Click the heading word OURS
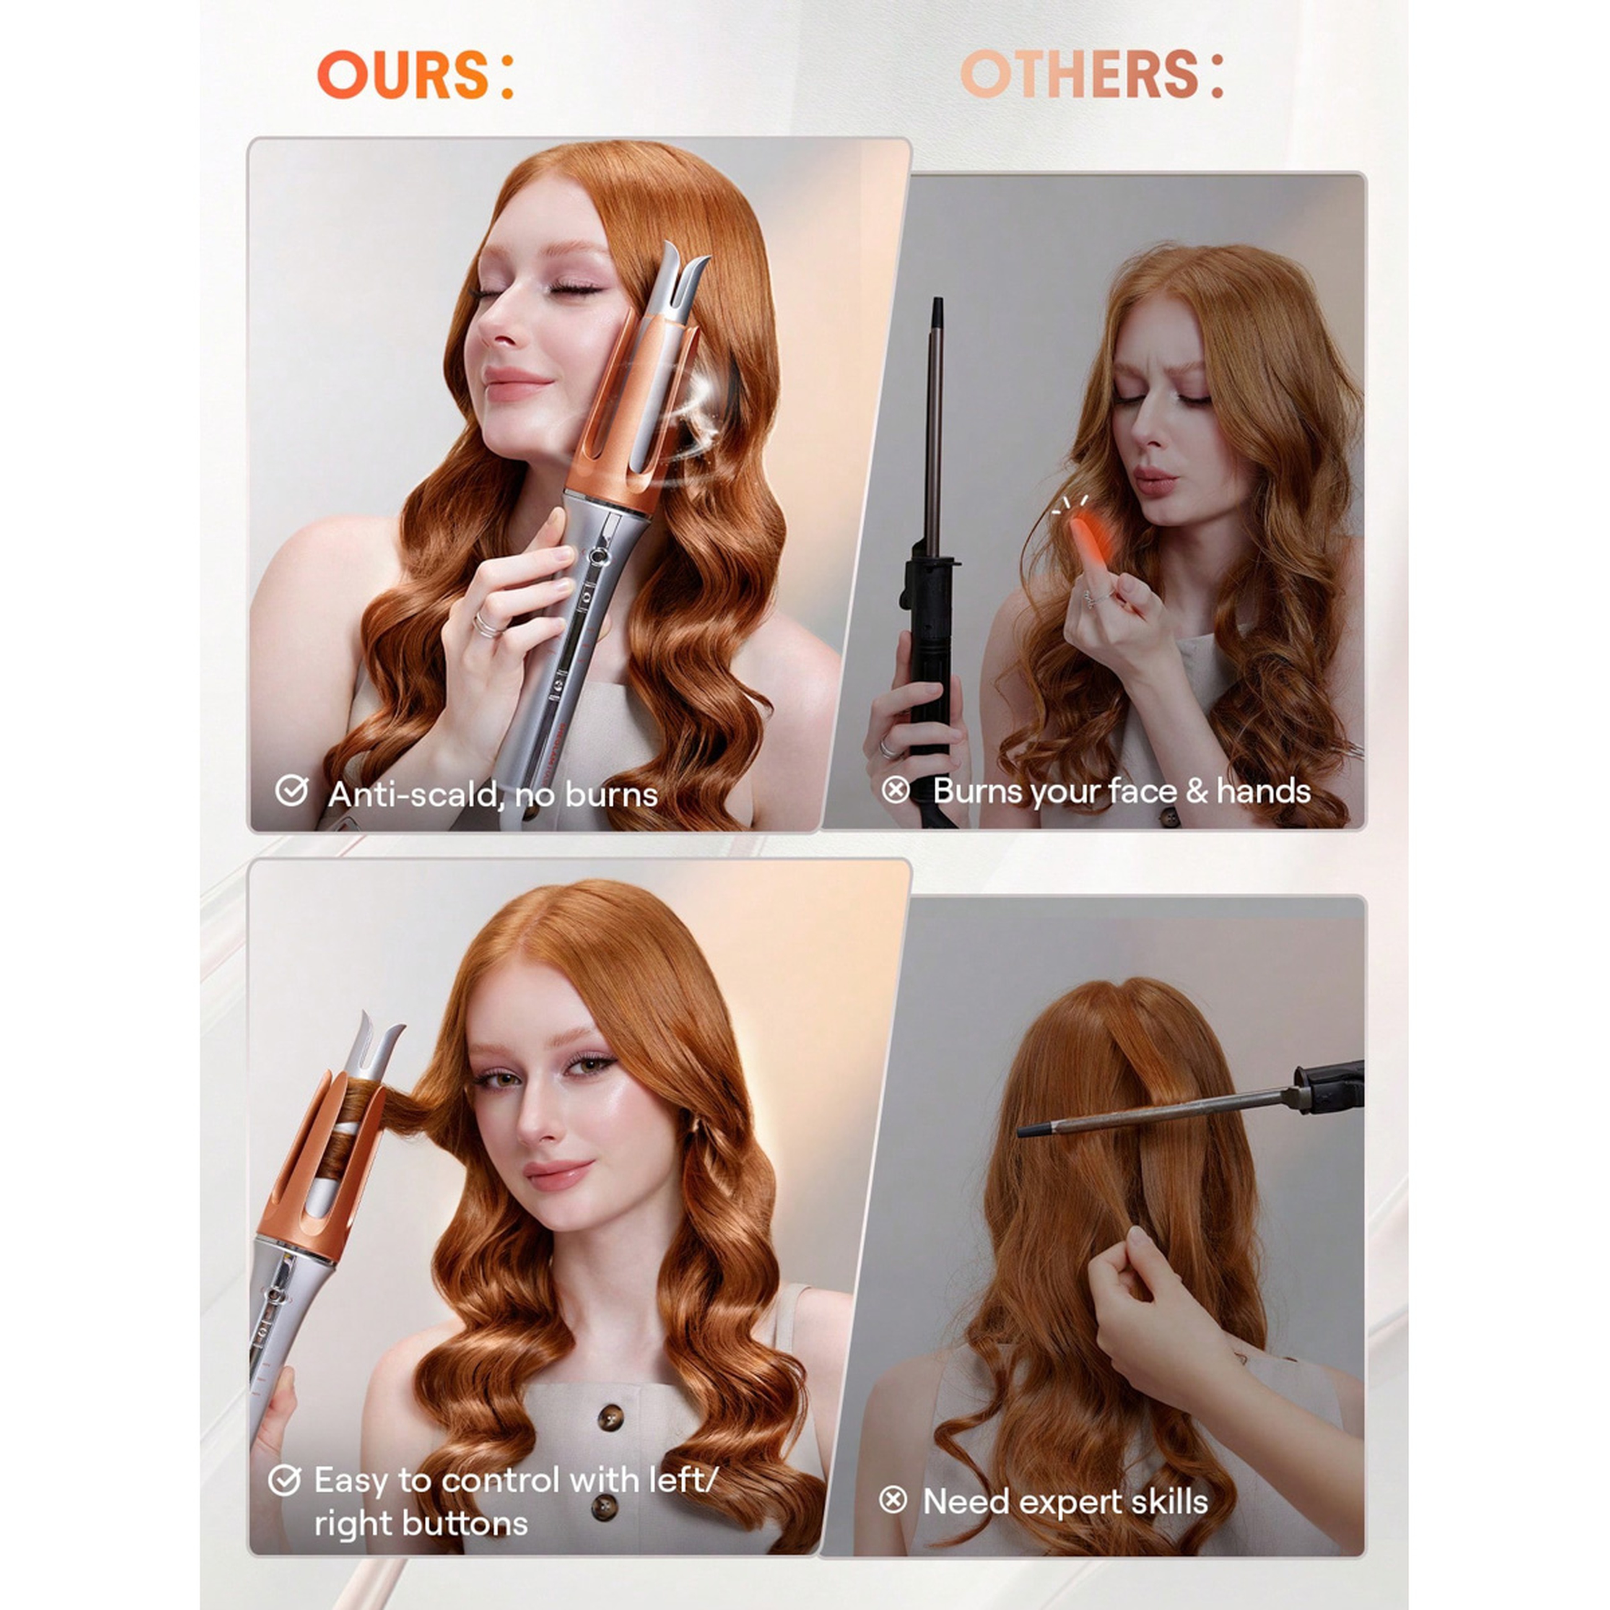point(402,75)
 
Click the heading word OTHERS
point(1079,75)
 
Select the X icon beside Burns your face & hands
point(896,789)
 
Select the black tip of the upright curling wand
point(937,312)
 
